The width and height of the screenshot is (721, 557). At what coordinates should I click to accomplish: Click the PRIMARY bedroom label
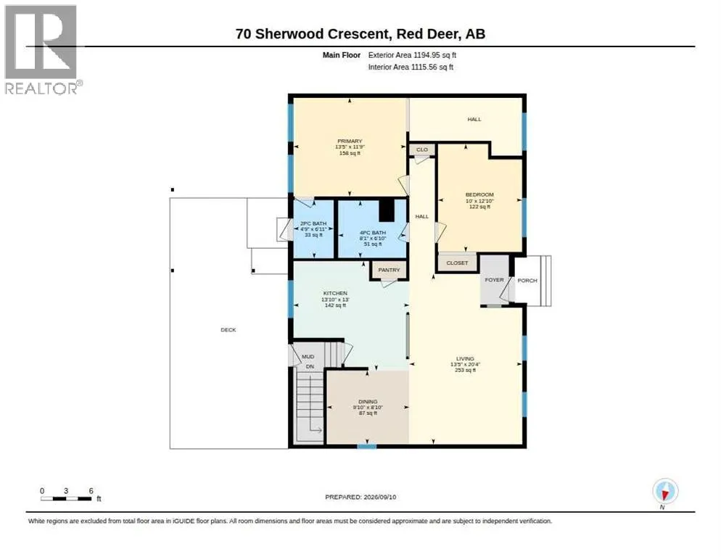(350, 141)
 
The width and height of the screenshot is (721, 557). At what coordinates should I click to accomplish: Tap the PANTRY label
(389, 270)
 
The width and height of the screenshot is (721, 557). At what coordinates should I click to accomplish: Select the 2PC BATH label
(313, 223)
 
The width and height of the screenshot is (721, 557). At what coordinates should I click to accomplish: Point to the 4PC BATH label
(372, 233)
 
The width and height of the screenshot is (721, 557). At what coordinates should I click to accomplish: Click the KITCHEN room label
(335, 294)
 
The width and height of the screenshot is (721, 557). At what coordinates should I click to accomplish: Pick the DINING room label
(368, 402)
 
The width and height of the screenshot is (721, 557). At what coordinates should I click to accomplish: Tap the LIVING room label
(465, 359)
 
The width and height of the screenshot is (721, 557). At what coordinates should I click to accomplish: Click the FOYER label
(494, 280)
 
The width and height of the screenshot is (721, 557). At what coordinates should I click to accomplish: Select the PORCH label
(527, 281)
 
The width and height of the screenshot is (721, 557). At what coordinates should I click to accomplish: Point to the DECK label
(228, 330)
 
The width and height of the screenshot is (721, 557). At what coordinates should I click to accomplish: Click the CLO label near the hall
(421, 149)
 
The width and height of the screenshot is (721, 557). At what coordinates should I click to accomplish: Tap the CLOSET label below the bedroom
(457, 263)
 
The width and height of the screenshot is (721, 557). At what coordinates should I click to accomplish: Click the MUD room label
(308, 356)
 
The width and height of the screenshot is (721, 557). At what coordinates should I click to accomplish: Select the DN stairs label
(310, 366)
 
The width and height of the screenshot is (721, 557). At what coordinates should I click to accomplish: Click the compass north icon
(665, 491)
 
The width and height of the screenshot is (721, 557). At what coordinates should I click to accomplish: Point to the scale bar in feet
(66, 498)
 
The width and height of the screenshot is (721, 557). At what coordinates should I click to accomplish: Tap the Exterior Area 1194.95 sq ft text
(412, 55)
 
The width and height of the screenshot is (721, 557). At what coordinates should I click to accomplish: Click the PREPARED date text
(360, 498)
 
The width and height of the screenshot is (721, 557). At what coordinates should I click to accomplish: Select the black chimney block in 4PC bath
(387, 210)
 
